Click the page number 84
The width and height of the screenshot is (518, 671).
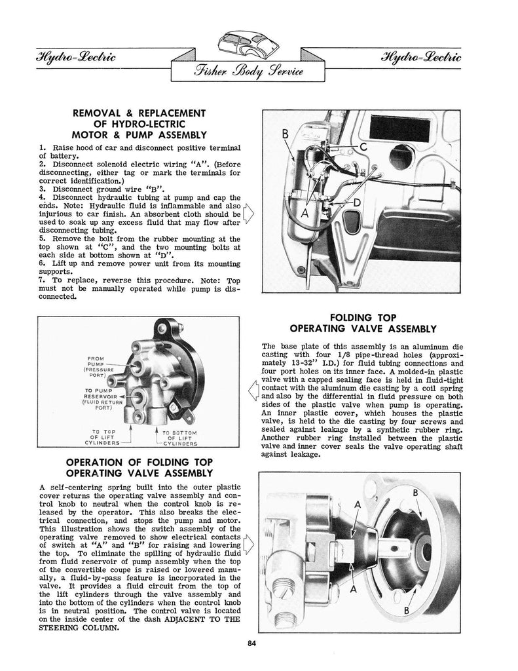point(252,643)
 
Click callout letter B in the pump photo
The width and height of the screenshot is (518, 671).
point(286,136)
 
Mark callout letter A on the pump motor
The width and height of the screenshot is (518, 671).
point(304,214)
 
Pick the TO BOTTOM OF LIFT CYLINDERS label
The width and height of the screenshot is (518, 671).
point(179,438)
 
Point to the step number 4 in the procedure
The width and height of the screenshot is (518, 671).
point(42,197)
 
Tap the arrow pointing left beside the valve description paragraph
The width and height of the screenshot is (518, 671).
point(253,393)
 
